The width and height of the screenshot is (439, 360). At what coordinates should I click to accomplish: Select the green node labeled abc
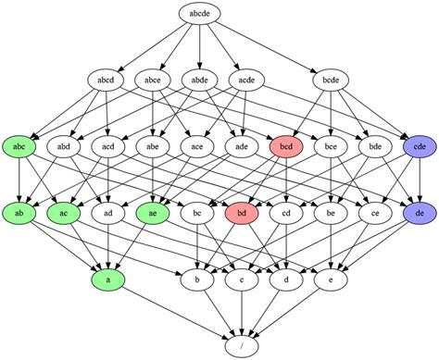[19, 146]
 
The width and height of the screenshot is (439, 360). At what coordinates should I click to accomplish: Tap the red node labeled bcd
[286, 146]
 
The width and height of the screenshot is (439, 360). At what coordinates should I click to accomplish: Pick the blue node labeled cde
[420, 146]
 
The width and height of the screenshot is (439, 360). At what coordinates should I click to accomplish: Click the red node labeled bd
[242, 213]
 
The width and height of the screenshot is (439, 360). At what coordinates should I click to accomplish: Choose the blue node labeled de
[420, 213]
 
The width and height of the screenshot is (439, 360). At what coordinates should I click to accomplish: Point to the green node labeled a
[108, 278]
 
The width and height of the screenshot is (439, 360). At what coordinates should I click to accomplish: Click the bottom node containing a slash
[242, 344]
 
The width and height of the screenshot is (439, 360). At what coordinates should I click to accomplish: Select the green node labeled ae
[153, 213]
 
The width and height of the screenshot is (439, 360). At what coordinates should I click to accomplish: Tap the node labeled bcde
[331, 81]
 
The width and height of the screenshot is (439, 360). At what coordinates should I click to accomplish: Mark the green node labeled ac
[64, 213]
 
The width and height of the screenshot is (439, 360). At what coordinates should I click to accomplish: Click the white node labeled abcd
[108, 81]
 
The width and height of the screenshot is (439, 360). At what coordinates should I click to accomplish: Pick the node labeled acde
[242, 81]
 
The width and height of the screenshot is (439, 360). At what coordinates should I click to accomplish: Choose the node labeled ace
[197, 146]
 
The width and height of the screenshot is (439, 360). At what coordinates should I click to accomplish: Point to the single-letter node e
[331, 278]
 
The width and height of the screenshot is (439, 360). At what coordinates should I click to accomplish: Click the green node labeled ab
[19, 213]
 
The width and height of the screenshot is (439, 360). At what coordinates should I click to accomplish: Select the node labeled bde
[375, 146]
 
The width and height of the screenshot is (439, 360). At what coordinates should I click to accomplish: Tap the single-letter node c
[242, 278]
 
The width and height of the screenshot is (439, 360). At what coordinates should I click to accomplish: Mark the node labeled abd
[64, 146]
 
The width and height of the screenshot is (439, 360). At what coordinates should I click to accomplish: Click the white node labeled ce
[375, 213]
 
